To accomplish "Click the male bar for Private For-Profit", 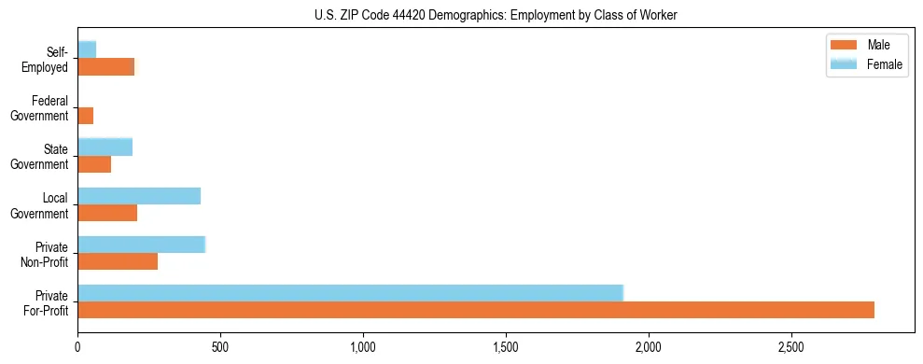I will click(476, 310).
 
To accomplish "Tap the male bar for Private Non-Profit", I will click(118, 261).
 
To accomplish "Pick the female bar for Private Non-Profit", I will click(141, 245).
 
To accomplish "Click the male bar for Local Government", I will click(107, 213).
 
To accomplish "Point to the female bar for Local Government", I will click(139, 196).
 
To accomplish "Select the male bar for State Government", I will click(94, 164).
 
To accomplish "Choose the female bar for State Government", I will click(105, 147).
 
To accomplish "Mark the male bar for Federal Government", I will click(85, 116).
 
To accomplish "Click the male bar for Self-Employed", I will click(105, 67).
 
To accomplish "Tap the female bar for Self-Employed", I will click(87, 49).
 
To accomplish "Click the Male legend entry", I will click(867, 46).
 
